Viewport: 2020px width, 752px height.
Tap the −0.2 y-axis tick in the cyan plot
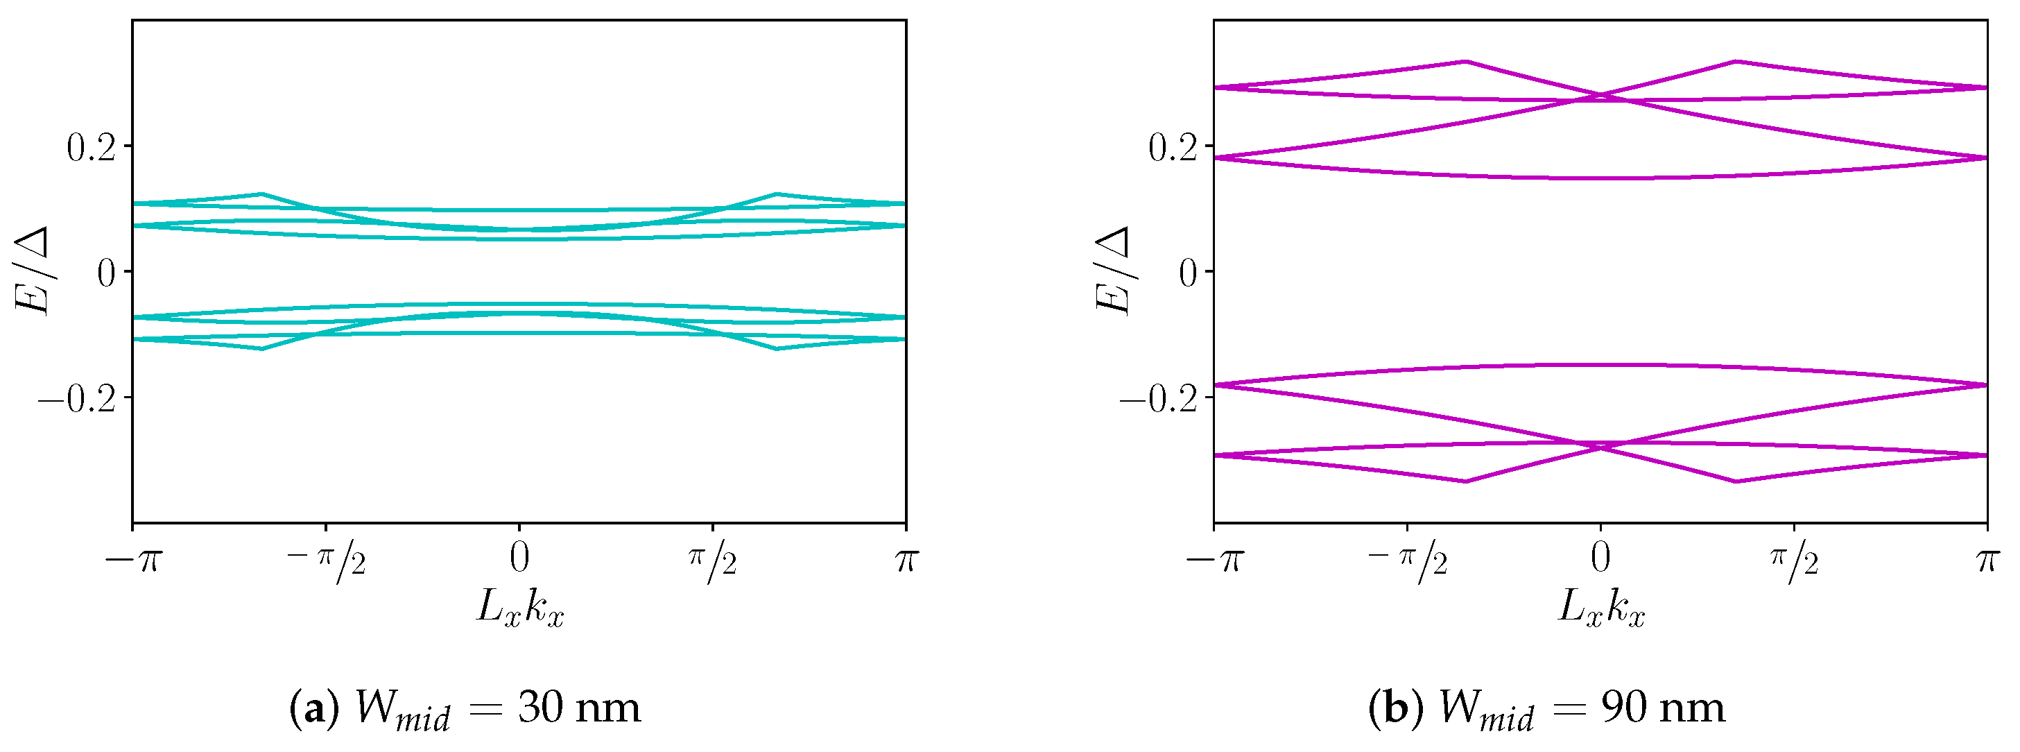[x=77, y=399]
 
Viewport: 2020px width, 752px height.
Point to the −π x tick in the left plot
[x=133, y=560]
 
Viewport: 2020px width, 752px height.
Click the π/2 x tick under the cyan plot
[x=713, y=562]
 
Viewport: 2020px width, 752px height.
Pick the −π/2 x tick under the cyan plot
[x=326, y=562]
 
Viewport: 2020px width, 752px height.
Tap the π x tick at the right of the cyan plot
[x=906, y=560]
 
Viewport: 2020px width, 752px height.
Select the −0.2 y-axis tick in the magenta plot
[x=1159, y=399]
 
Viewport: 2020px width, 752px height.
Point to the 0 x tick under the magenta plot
[x=1600, y=558]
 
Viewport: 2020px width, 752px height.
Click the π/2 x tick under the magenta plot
[x=1794, y=562]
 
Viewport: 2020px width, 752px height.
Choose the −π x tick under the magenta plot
[x=1215, y=560]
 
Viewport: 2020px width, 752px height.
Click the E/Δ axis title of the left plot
[x=33, y=271]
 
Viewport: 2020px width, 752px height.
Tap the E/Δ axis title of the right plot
[x=1114, y=271]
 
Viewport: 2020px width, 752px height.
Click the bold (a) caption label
[x=314, y=708]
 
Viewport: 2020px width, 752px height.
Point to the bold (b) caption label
[x=1396, y=708]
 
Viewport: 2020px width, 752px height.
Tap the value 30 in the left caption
[x=539, y=708]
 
